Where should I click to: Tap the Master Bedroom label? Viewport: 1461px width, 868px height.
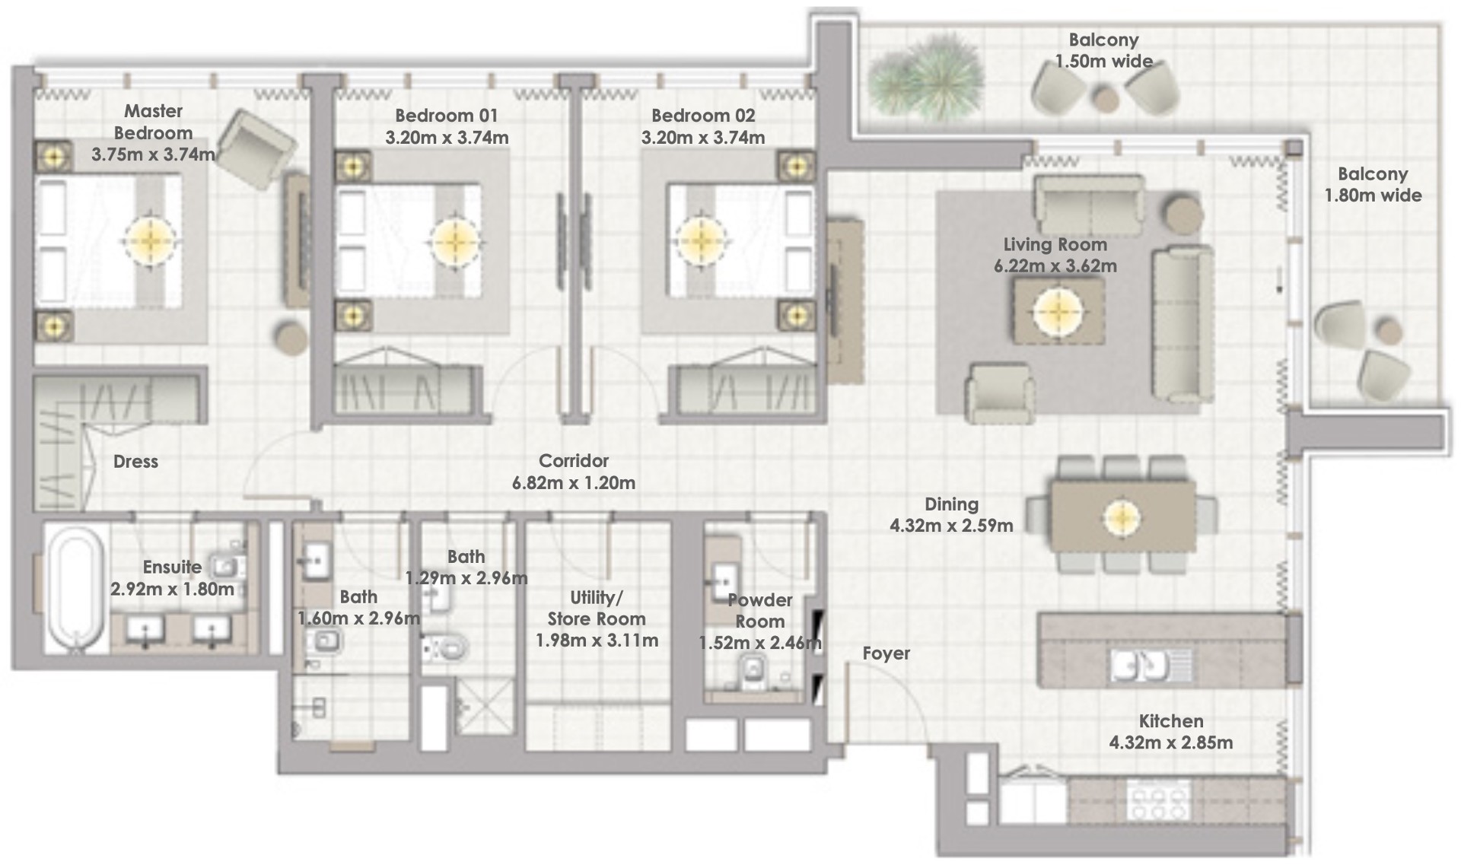coord(153,122)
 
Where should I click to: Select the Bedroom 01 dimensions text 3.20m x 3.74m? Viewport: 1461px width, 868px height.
coord(447,138)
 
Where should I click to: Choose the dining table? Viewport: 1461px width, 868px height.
coord(1122,517)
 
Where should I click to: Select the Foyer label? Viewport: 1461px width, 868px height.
coord(886,653)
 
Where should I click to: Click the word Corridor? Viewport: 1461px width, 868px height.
coord(574,461)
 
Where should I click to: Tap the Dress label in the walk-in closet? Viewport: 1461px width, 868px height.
coord(135,462)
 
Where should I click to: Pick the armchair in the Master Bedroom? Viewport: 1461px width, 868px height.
coord(256,149)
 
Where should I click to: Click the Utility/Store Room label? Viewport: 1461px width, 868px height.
coord(597,608)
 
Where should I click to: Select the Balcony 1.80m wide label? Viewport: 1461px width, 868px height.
coord(1373,185)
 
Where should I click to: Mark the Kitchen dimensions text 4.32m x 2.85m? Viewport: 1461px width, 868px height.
coord(1171,742)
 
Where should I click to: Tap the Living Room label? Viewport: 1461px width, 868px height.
coord(1055,245)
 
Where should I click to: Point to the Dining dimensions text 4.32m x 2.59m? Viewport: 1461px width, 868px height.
coord(951,526)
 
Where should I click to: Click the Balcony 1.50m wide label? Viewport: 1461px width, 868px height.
coord(1103,51)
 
